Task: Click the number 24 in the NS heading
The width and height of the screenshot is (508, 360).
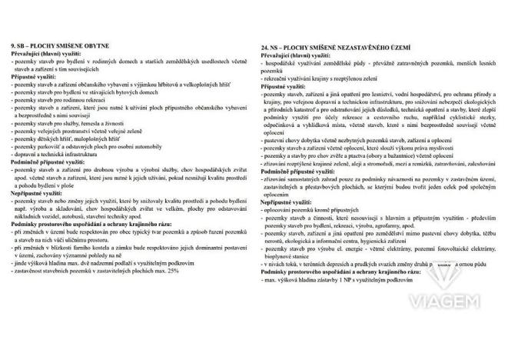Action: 265,47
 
